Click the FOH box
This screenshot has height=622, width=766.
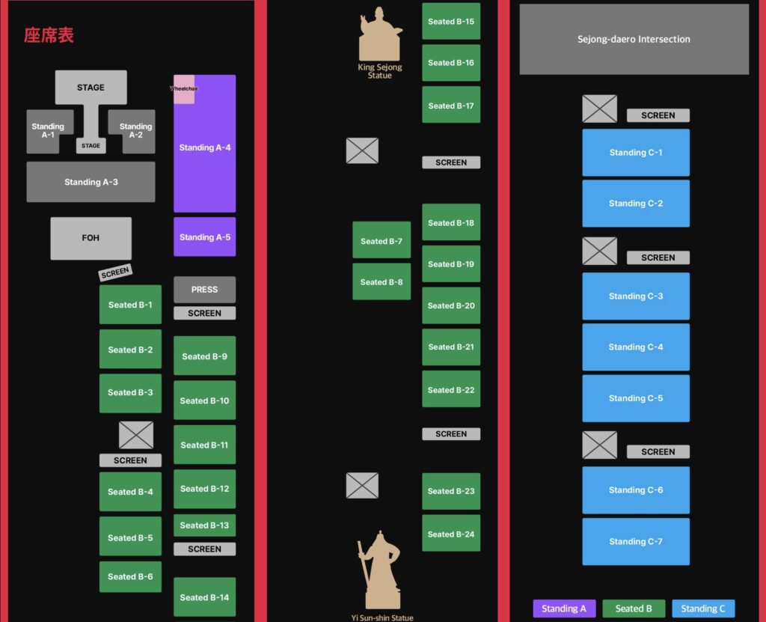[x=91, y=238]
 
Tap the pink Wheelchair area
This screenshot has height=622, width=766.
[x=184, y=88]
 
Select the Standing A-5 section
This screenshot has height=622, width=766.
[x=204, y=237]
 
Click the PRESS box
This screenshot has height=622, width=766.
[x=204, y=289]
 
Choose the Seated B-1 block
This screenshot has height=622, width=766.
[x=130, y=305]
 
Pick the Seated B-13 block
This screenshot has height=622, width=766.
[x=204, y=525]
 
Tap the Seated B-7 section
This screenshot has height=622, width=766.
[x=382, y=241]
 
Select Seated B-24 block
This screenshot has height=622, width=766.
[x=451, y=534]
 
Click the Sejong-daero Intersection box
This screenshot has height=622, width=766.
[x=634, y=39]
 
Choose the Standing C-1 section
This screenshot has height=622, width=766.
[x=636, y=153]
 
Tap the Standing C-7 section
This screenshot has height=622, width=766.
[x=636, y=541]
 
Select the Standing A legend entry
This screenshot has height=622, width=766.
[x=564, y=609]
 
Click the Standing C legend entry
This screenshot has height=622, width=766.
[x=703, y=609]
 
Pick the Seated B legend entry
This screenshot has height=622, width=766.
[x=634, y=609]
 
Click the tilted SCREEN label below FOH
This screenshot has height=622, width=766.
[x=115, y=272]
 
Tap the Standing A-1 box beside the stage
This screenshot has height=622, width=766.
[x=48, y=131]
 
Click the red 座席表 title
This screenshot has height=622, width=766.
[x=49, y=35]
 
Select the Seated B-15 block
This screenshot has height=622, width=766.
[x=451, y=22]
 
